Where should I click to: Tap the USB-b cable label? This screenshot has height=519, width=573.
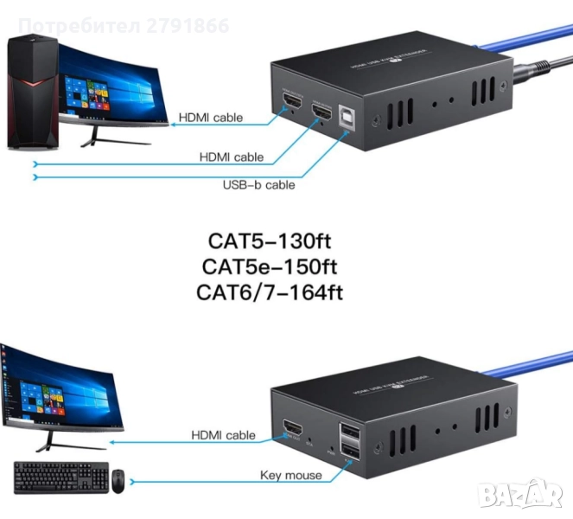point(259,184)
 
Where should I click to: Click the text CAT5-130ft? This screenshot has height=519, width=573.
point(269,240)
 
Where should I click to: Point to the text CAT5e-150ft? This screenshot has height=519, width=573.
point(269,265)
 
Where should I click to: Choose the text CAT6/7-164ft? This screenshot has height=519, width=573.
point(269,292)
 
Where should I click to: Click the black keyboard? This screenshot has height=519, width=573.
point(60,477)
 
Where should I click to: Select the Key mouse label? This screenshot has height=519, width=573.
point(290,475)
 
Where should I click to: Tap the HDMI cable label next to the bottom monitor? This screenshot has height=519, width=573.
point(222,435)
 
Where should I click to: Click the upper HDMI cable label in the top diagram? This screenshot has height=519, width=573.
point(211,118)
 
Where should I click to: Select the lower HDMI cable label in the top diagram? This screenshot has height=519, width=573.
point(231,157)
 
